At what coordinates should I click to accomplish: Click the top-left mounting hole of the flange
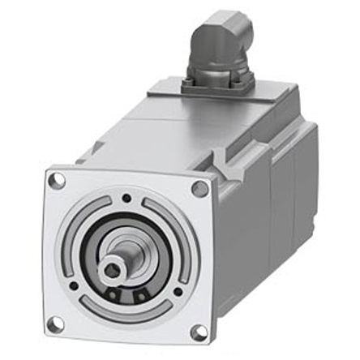[x=57, y=182]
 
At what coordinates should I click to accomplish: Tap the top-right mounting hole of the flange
[x=199, y=189]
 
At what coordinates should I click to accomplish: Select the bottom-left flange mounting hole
[x=55, y=324]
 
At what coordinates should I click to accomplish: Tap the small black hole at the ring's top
[x=126, y=197]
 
